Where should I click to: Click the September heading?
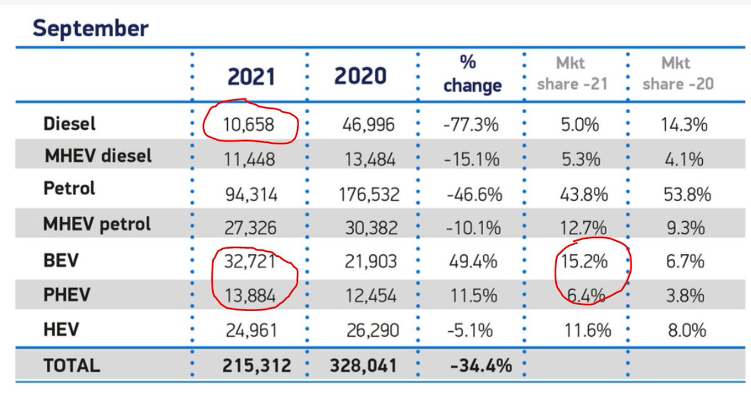pyautogui.click(x=90, y=29)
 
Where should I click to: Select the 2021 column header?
pyautogui.click(x=251, y=77)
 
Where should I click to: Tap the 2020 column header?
pyautogui.click(x=360, y=77)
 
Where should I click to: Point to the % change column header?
pyautogui.click(x=472, y=74)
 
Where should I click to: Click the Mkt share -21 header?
pyautogui.click(x=572, y=74)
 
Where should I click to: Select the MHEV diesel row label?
pyautogui.click(x=98, y=156)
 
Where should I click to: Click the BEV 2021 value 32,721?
pyautogui.click(x=249, y=261)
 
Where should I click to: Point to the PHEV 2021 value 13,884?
pyautogui.click(x=249, y=296)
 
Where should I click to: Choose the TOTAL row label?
pyautogui.click(x=71, y=366)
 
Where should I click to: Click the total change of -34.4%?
pyautogui.click(x=477, y=366)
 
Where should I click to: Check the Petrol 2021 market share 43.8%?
pyautogui.click(x=584, y=195)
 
